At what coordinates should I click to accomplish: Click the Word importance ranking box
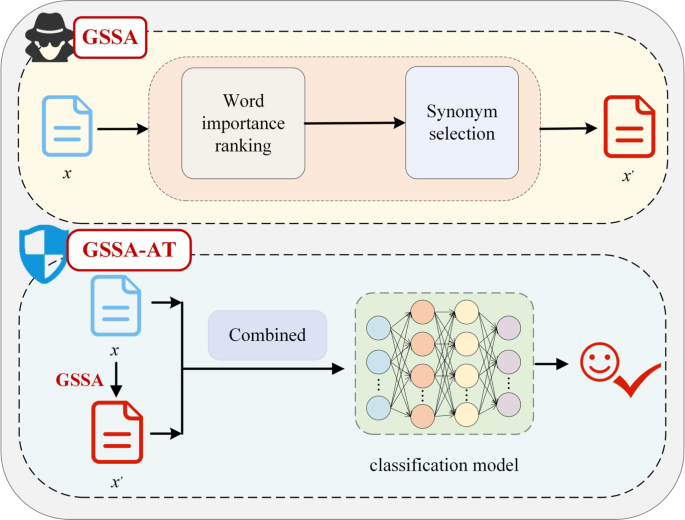pos(242,122)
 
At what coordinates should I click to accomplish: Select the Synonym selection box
pos(462,122)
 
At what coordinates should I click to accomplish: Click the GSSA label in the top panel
pos(110,41)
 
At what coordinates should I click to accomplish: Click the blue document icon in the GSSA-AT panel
pos(117,306)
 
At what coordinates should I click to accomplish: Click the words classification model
pos(443,466)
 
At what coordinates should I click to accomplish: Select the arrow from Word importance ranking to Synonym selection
pos(354,123)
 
